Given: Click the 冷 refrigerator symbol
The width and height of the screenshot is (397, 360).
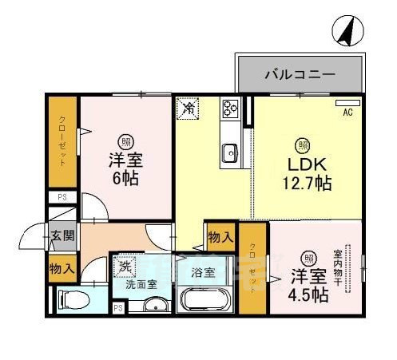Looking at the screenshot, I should point(189,107).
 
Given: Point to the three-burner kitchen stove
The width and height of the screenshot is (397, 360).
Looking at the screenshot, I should point(232,108).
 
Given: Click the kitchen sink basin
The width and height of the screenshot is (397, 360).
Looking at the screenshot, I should point(230,150).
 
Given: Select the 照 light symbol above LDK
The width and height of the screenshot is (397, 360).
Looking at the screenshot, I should point(304,144).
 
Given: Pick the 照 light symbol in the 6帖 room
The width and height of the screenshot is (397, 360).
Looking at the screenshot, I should point(126,140).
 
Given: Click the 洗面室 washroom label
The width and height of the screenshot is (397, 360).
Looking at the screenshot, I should point(141,283).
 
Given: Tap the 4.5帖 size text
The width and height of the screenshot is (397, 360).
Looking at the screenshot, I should point(308,295).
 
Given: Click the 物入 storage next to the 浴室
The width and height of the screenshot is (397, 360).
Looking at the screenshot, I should point(220,236).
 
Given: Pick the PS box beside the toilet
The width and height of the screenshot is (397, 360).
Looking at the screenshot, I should point(118,308).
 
